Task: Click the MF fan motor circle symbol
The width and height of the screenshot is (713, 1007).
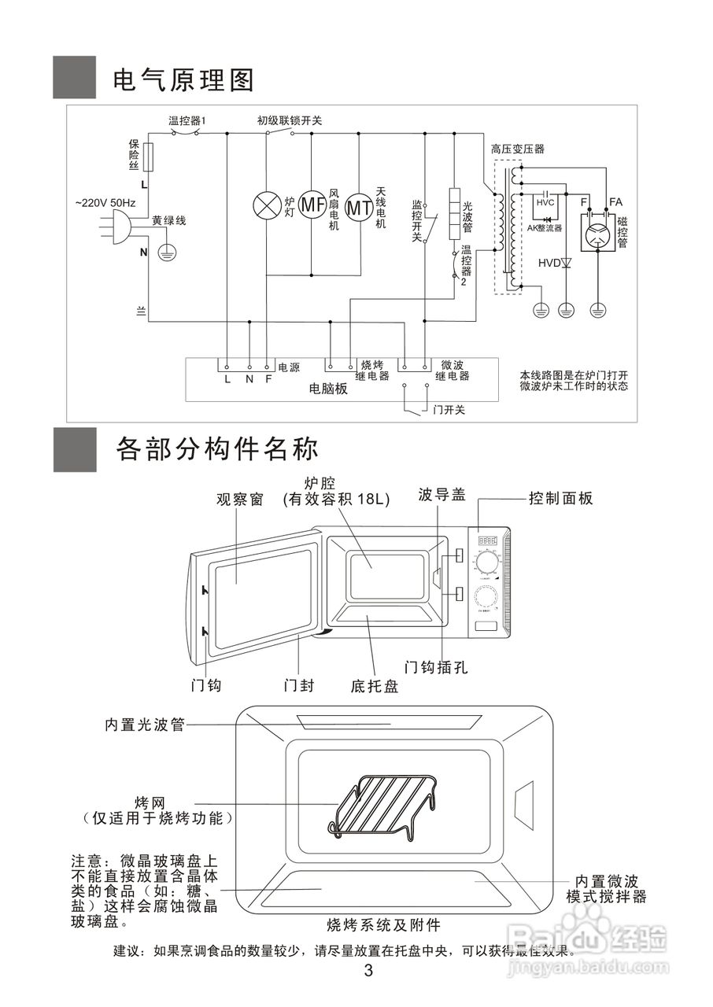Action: click(x=313, y=206)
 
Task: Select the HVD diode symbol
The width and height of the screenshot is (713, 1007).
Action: click(x=566, y=263)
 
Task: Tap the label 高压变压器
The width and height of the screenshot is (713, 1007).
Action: click(x=517, y=149)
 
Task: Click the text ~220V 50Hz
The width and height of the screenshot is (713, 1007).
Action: click(x=105, y=203)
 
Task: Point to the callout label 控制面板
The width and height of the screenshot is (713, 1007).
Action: click(x=560, y=498)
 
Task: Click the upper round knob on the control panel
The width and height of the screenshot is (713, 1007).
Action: click(x=487, y=564)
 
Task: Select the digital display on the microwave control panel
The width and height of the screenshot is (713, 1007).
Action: click(x=486, y=541)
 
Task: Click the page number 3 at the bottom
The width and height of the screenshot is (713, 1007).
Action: click(x=368, y=970)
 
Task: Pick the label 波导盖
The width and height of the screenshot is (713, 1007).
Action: click(x=441, y=495)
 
